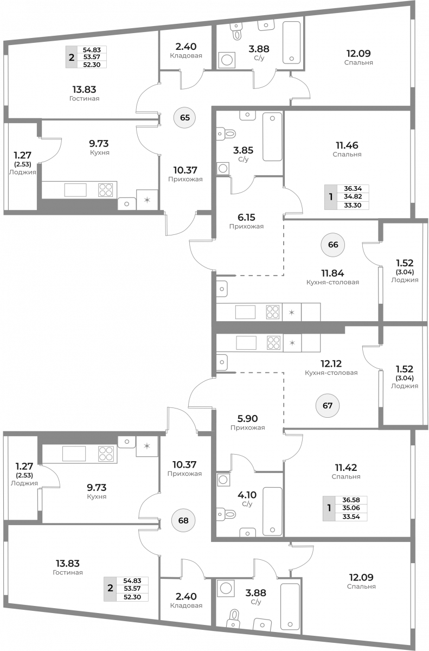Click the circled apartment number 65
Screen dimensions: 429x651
[185, 118]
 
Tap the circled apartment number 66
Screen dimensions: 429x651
[333, 245]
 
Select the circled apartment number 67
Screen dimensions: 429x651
[328, 405]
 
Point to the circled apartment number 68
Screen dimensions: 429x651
[183, 520]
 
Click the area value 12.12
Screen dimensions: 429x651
[331, 363]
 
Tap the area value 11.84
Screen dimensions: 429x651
[332, 273]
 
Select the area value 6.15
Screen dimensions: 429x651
[246, 218]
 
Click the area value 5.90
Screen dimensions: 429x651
[247, 418]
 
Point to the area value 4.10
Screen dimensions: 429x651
[247, 495]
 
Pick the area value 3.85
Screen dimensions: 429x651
[243, 150]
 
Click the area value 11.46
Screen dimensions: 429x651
[347, 145]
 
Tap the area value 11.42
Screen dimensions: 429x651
[346, 468]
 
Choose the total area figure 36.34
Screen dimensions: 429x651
[353, 189]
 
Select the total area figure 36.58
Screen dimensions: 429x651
[351, 500]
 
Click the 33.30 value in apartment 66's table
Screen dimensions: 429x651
[353, 205]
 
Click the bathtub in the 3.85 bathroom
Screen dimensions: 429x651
[272, 137]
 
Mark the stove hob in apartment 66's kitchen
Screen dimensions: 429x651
[273, 312]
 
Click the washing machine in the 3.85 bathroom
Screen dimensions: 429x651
[223, 168]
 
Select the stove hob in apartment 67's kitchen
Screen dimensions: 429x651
[273, 343]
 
